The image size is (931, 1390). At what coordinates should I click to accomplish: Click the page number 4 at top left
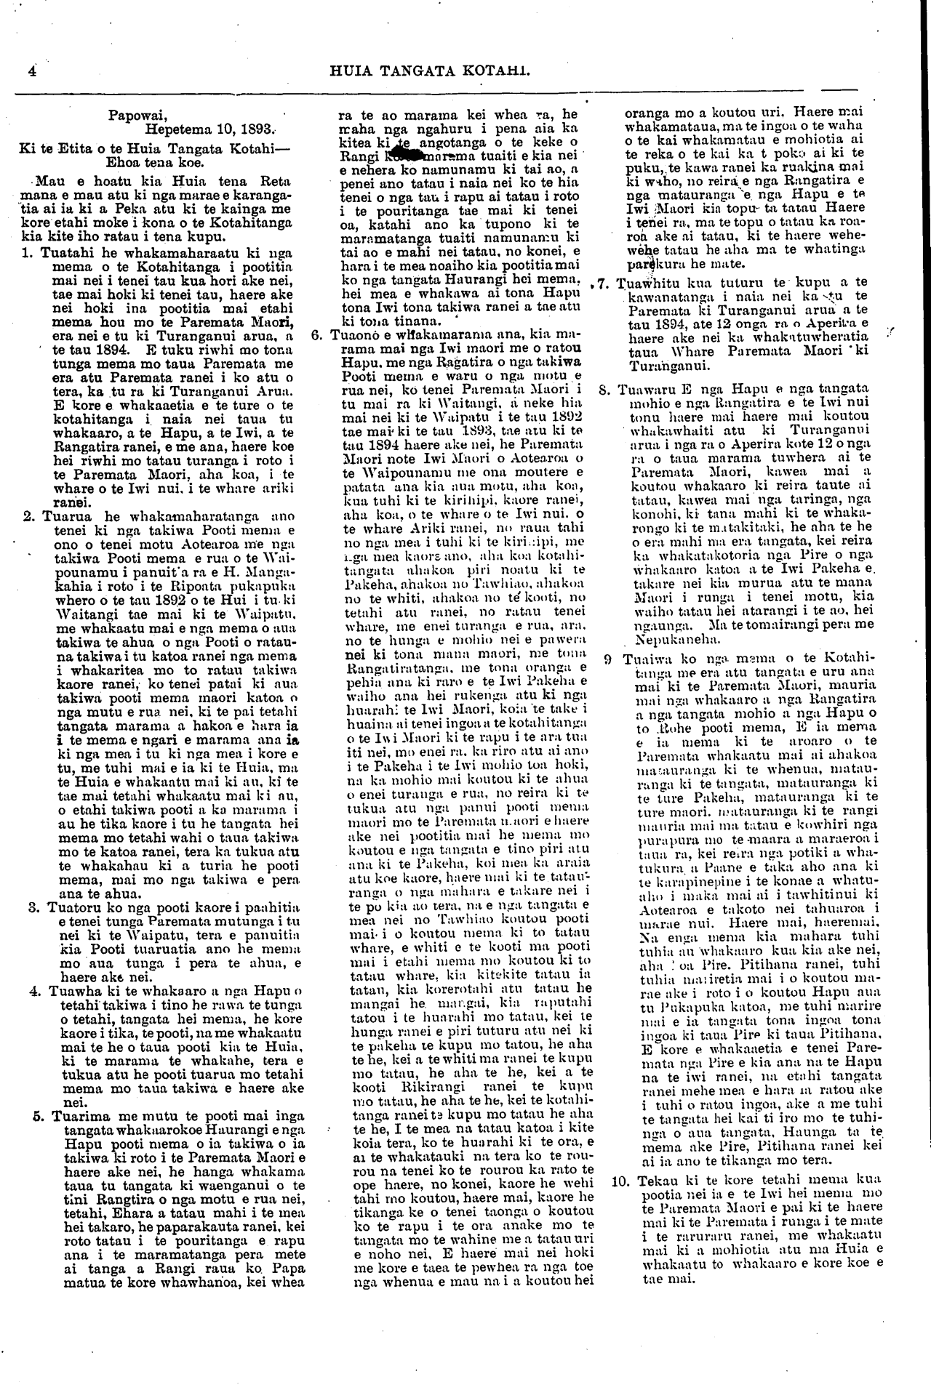click(x=31, y=71)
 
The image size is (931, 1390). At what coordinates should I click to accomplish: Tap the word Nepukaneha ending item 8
click(x=667, y=641)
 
